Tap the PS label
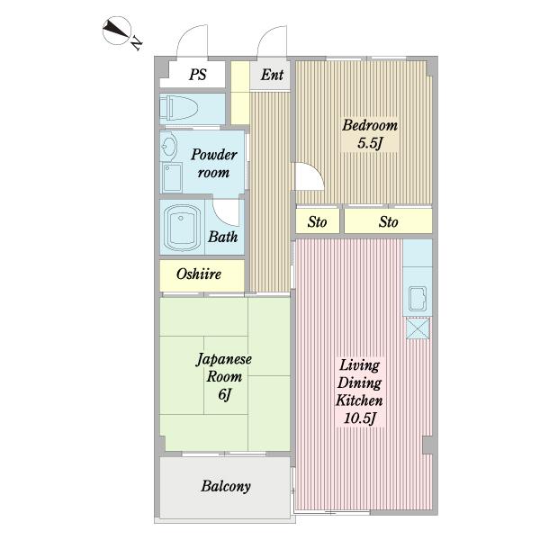198,75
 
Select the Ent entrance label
272,75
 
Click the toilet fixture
179,108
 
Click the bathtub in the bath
182,228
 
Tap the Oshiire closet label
199,274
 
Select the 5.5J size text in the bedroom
370,143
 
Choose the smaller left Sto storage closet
318,221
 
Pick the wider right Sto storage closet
388,221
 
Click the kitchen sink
418,298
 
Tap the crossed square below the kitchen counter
418,328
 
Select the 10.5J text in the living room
359,418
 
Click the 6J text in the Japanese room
224,394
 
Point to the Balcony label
226,486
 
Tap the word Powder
214,155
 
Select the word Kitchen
359,400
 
